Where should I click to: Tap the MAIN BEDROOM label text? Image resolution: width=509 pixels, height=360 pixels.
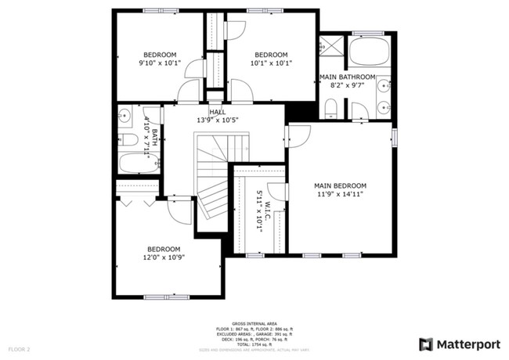[x=340, y=186]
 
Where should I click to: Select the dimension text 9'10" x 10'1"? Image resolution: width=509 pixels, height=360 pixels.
[x=159, y=63]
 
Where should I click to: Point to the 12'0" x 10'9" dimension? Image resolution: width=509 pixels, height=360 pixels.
[x=163, y=257]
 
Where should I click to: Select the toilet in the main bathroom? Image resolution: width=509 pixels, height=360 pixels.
[x=330, y=108]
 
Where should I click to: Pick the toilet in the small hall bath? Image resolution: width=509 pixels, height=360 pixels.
[x=129, y=141]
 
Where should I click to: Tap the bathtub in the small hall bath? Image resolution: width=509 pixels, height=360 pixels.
[x=138, y=165]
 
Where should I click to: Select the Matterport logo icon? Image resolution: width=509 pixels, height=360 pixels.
[x=426, y=344]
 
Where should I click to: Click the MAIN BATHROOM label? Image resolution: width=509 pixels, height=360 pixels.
[x=348, y=77]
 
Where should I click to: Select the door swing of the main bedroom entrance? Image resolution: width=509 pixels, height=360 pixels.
[x=299, y=135]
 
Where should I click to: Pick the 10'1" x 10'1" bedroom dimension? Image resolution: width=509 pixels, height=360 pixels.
[x=272, y=63]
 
